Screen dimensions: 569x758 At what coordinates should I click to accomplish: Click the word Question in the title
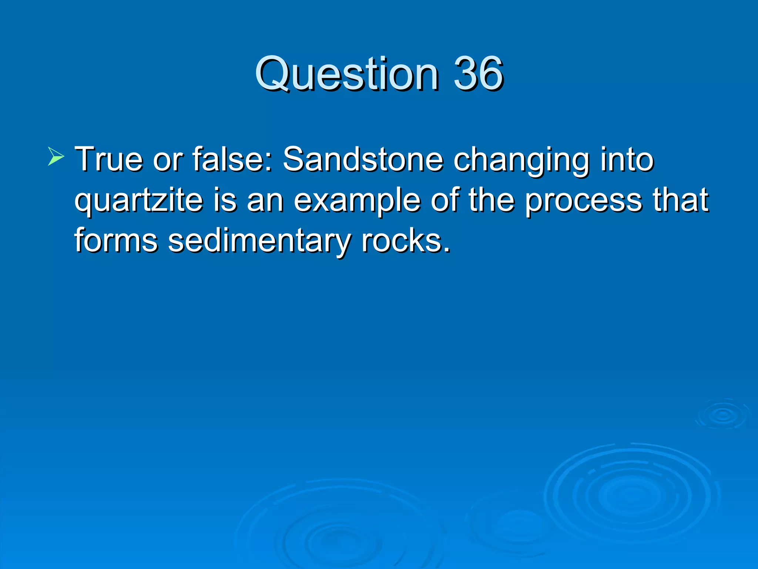pos(346,74)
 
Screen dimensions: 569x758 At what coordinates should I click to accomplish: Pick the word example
pos(357,201)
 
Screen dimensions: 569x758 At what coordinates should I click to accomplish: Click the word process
pos(584,201)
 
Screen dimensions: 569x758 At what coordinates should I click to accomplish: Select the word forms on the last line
pos(116,240)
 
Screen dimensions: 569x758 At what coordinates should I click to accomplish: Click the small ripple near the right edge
pos(723,415)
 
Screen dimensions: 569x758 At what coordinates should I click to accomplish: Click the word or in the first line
pos(168,160)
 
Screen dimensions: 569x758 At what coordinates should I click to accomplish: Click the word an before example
pos(265,201)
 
